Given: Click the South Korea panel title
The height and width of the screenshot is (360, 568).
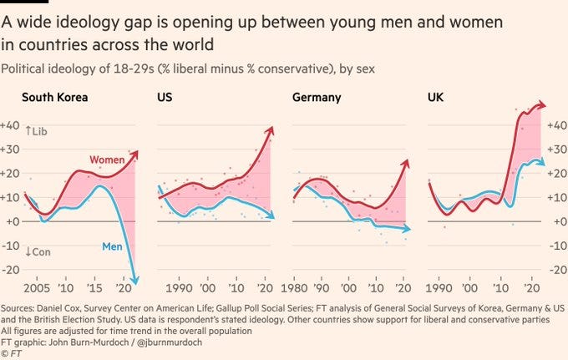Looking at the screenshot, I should (x=55, y=98).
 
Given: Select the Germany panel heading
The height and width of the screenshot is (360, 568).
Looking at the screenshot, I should (x=317, y=98).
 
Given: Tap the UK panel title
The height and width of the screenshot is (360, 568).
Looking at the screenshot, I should (x=435, y=98).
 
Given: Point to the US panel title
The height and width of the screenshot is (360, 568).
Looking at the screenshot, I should (x=165, y=98).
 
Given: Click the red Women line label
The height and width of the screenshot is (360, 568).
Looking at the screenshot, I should (x=109, y=159).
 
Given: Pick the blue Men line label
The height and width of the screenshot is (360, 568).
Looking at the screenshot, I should (x=113, y=246).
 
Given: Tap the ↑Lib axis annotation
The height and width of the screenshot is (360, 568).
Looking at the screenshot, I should (x=38, y=131).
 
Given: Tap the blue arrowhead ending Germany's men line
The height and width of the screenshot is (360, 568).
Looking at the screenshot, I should (x=408, y=229).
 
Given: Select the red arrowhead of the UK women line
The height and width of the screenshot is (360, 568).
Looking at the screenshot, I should (x=542, y=105).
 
